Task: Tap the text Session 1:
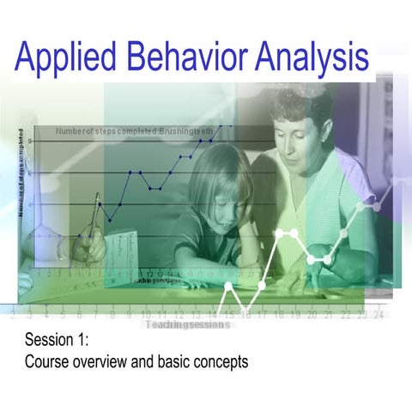58,341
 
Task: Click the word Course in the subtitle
46,361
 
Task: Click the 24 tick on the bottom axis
379,315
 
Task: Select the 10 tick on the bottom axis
145,315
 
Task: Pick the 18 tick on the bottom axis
278,315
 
